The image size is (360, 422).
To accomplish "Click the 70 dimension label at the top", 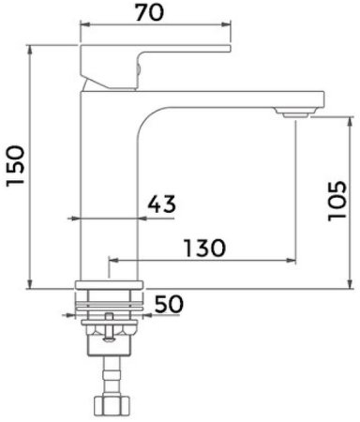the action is (149, 13).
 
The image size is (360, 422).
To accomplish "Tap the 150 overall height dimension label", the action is (16, 166).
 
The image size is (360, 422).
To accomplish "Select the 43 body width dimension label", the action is (161, 204).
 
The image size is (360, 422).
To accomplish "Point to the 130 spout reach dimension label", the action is (204, 248).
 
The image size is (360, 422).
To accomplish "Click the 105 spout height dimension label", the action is (337, 201).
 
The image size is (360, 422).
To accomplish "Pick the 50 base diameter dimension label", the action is (169, 304).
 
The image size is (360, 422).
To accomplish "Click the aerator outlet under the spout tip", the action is (296, 113).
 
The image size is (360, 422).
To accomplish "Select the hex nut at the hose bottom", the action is (112, 405).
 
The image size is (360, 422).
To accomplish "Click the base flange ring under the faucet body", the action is (109, 285).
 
